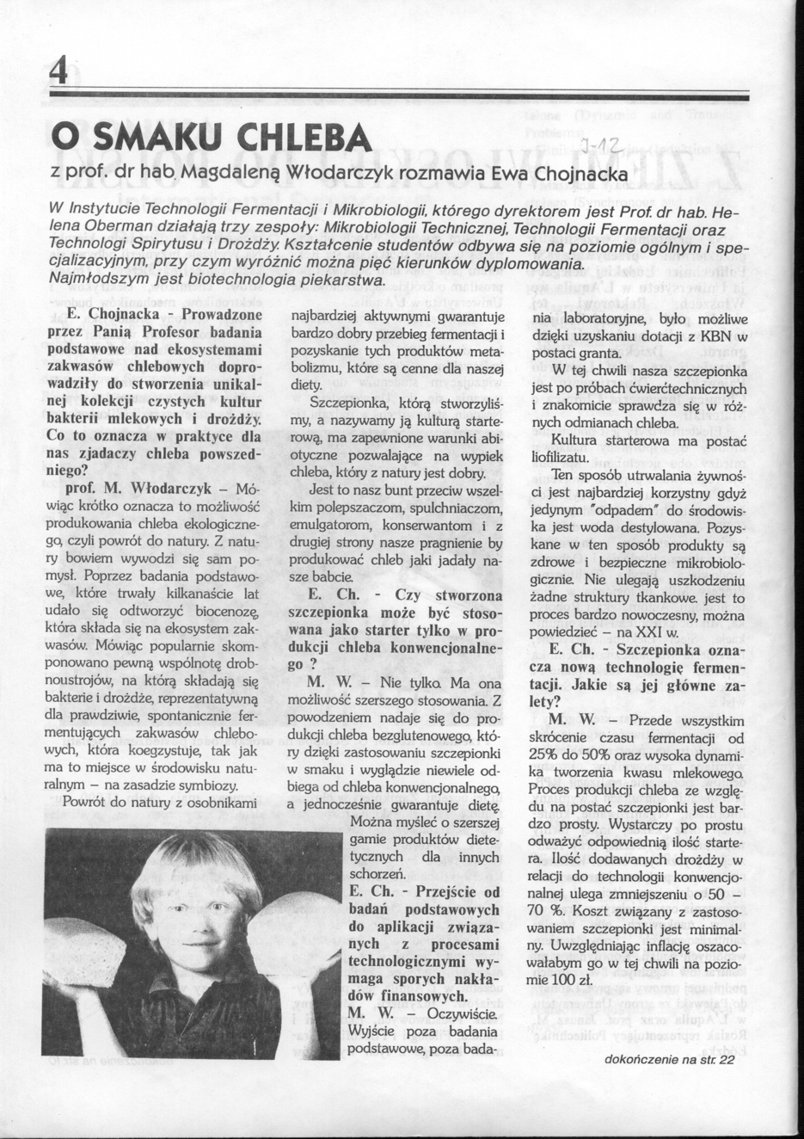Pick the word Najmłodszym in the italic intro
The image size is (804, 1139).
tap(86, 280)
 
